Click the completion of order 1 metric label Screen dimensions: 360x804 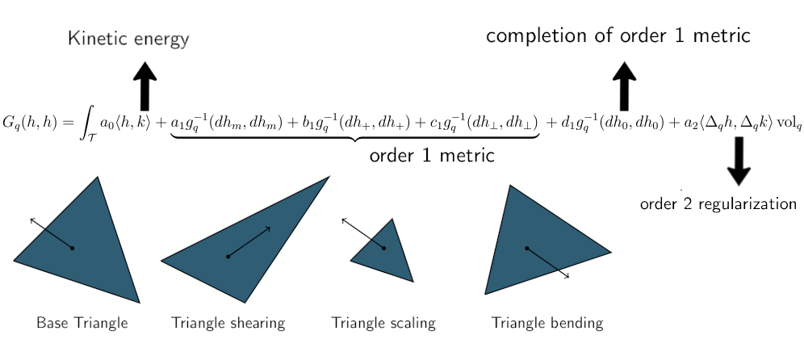click(x=619, y=36)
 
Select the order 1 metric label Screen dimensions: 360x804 click(x=431, y=156)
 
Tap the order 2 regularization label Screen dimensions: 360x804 click(x=718, y=204)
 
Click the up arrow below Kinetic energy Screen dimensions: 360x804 click(x=144, y=86)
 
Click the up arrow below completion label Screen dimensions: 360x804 click(x=625, y=86)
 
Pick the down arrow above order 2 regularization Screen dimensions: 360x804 click(x=739, y=161)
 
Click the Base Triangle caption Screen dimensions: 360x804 click(x=82, y=324)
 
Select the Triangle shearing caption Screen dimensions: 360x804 click(x=228, y=324)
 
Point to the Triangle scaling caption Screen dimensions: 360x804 click(x=383, y=324)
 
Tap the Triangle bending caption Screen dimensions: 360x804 click(x=547, y=324)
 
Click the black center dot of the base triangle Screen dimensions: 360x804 click(x=73, y=248)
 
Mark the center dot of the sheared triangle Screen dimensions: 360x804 click(x=228, y=257)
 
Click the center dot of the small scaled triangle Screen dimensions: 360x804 click(x=383, y=248)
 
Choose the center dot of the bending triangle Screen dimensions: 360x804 click(x=527, y=248)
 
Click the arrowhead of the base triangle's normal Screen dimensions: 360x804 click(x=31, y=218)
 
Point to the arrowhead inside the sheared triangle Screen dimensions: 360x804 click(x=268, y=228)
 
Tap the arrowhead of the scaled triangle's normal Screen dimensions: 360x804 click(x=343, y=219)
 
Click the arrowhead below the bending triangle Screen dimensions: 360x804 click(x=567, y=278)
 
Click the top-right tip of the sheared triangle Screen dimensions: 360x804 click(x=329, y=176)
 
